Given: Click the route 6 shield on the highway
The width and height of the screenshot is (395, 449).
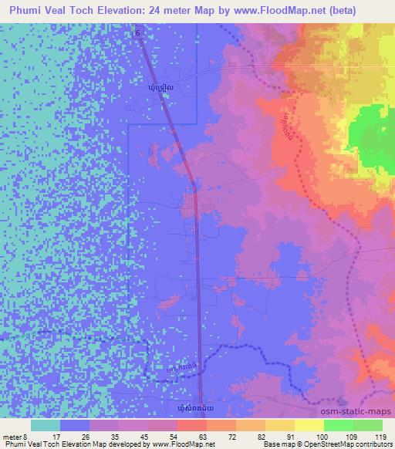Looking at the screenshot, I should pos(138,34).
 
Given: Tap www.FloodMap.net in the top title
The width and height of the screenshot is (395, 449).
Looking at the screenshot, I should pos(300,9).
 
